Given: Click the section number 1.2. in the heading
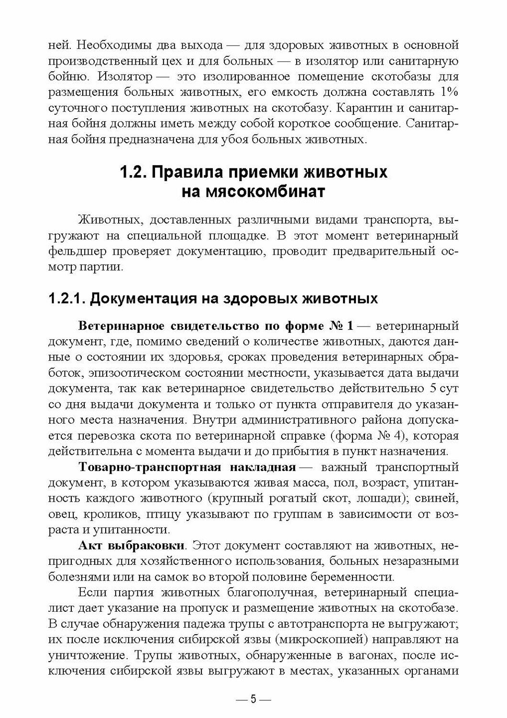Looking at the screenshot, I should pos(132,172).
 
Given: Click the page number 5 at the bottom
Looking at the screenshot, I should pos(253,699).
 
